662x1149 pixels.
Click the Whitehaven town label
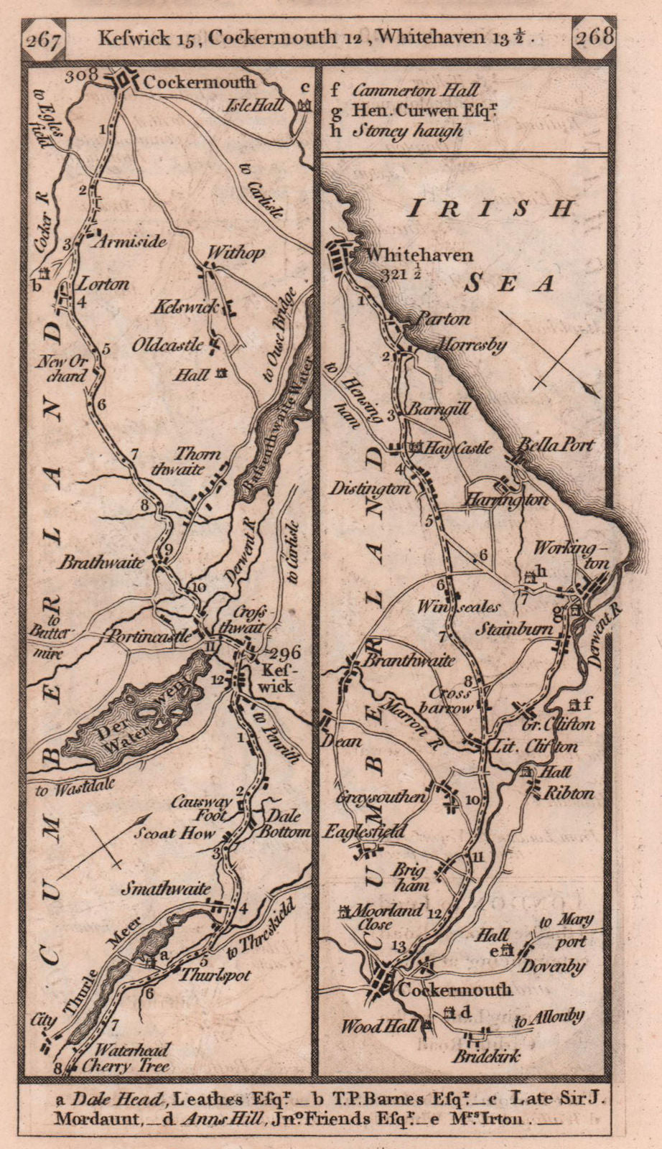[419, 255]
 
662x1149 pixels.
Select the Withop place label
[236, 253]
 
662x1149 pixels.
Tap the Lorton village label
[103, 284]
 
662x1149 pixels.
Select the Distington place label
[368, 488]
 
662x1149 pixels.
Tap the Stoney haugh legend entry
[406, 131]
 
